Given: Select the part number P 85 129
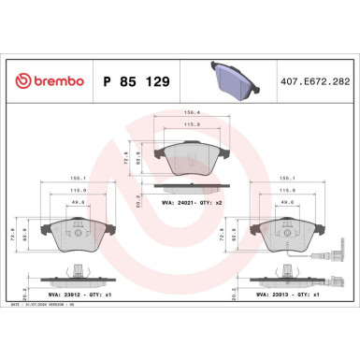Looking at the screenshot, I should (x=138, y=82).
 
